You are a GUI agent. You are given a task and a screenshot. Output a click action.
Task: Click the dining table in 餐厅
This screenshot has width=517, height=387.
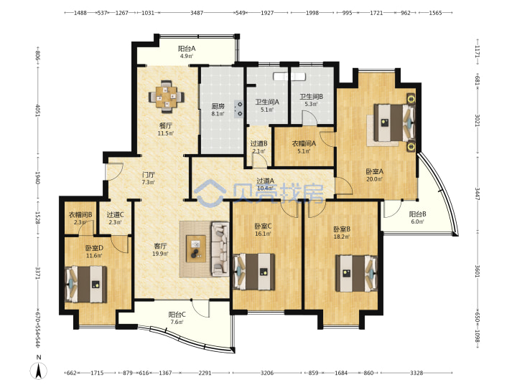(167, 97)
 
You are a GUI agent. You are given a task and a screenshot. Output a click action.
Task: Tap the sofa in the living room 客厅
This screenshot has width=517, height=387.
(220, 249)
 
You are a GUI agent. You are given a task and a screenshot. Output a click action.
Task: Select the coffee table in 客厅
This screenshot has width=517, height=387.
(196, 249)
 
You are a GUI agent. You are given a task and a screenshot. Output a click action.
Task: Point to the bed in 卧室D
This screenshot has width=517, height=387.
(85, 284)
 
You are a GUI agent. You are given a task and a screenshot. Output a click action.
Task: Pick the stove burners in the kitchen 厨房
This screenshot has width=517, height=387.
(238, 109)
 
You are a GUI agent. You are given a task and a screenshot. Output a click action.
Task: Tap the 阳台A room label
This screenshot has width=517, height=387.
(187, 49)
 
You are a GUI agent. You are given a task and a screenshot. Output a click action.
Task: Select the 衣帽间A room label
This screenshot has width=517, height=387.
(304, 143)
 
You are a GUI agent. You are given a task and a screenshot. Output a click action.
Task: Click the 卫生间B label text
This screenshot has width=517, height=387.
(311, 97)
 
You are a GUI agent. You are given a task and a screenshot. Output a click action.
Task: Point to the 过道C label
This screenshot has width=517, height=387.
(115, 214)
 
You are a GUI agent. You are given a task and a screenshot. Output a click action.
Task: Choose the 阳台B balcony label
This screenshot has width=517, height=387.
(417, 214)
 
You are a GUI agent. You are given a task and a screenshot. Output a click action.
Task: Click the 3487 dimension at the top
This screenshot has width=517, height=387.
(197, 13)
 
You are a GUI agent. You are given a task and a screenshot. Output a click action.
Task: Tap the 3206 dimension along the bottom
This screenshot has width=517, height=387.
(266, 373)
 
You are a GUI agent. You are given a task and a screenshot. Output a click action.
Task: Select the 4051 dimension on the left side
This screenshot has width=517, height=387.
(37, 110)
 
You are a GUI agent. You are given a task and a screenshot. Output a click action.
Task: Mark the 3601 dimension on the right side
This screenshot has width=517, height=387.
(477, 271)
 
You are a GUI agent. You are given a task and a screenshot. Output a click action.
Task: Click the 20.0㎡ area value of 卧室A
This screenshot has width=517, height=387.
(374, 179)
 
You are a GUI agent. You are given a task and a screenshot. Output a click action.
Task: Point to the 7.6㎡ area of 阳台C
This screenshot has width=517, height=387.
(177, 322)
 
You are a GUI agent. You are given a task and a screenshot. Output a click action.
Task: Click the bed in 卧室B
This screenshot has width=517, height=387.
(356, 274)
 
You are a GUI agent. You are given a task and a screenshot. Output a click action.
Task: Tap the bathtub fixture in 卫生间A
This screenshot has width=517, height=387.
(289, 77)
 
